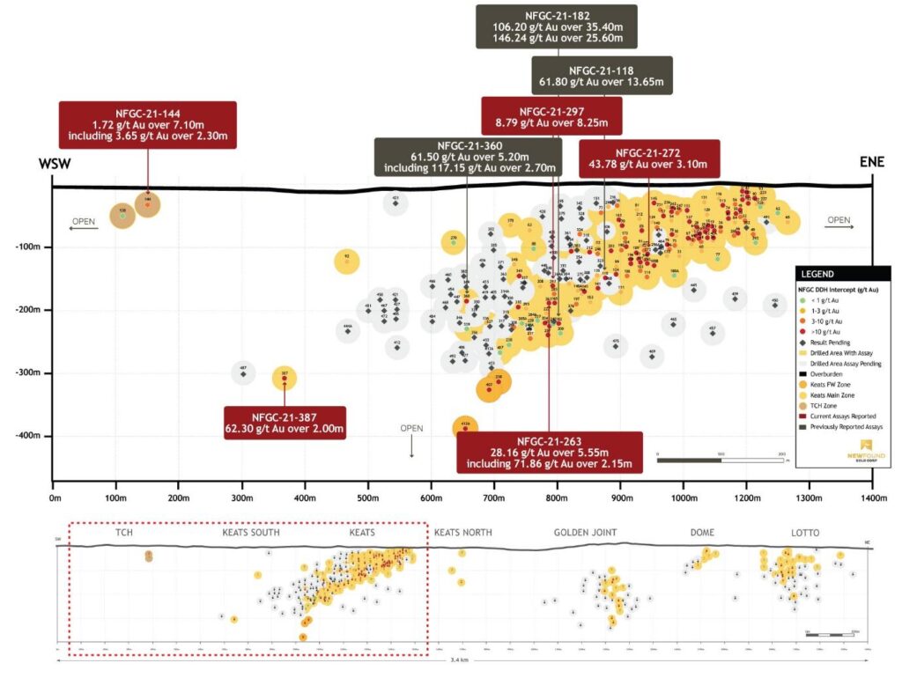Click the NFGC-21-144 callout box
(148, 124)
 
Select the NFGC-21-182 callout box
(559, 26)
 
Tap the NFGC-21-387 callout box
(284, 424)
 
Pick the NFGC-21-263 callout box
(550, 453)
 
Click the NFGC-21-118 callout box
(602, 77)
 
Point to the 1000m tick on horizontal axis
(684, 497)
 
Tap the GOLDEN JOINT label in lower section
(585, 533)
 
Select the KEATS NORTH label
(462, 533)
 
